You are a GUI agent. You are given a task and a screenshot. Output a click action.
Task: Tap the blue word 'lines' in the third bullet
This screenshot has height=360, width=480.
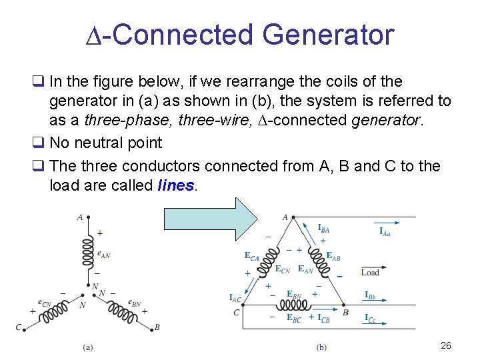coord(176,185)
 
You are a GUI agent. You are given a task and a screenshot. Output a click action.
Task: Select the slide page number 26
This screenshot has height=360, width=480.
coord(446,345)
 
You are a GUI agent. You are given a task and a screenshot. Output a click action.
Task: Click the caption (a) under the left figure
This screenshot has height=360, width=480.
coord(87,347)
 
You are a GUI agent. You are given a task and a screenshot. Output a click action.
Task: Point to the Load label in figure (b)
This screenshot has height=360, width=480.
coord(370,272)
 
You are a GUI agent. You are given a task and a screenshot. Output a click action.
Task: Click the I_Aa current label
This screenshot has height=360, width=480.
coord(385,231)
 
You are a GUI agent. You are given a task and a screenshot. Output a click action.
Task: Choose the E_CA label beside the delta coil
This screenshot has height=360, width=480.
coord(251,256)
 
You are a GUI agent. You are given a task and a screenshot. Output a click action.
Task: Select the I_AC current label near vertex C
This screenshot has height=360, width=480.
coord(235,298)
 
